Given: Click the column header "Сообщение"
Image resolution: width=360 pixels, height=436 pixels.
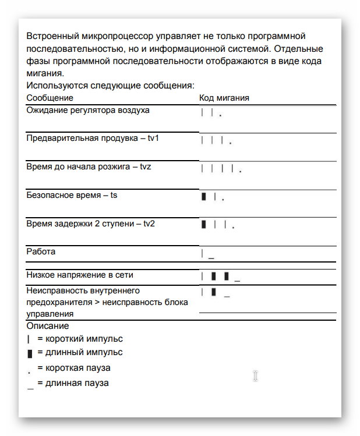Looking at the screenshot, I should pyautogui.click(x=50, y=98).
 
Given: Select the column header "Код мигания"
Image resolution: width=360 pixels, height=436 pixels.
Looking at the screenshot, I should pyautogui.click(x=224, y=98).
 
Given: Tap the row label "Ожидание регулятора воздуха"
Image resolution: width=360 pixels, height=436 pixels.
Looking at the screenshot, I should pyautogui.click(x=88, y=110).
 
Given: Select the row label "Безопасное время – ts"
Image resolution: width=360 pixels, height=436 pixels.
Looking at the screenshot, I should pyautogui.click(x=72, y=195).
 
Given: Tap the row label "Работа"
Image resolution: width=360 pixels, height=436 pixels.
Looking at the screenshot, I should pyautogui.click(x=41, y=252).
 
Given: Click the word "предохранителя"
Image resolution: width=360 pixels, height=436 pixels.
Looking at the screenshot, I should pyautogui.click(x=57, y=302).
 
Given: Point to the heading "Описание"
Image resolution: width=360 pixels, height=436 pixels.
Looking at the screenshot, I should pyautogui.click(x=48, y=326).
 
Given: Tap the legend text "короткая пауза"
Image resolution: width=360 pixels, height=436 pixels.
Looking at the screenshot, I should pyautogui.click(x=78, y=368).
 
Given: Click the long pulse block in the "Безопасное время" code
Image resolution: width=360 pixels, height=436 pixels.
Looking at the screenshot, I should pyautogui.click(x=204, y=197).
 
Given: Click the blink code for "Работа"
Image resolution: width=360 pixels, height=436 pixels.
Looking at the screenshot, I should pyautogui.click(x=207, y=254).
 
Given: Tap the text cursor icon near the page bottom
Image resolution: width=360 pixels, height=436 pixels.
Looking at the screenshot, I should pyautogui.click(x=255, y=375).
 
